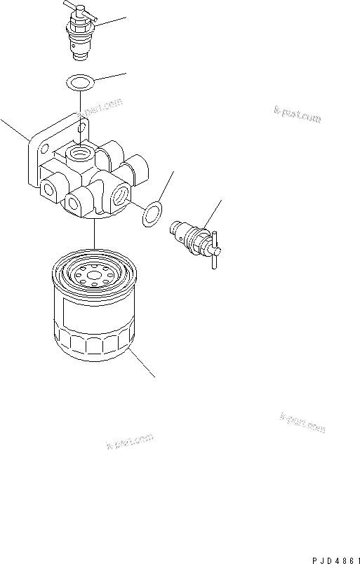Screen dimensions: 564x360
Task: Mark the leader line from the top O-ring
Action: click(109, 77)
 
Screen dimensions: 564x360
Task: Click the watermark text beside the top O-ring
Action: click(102, 107)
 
